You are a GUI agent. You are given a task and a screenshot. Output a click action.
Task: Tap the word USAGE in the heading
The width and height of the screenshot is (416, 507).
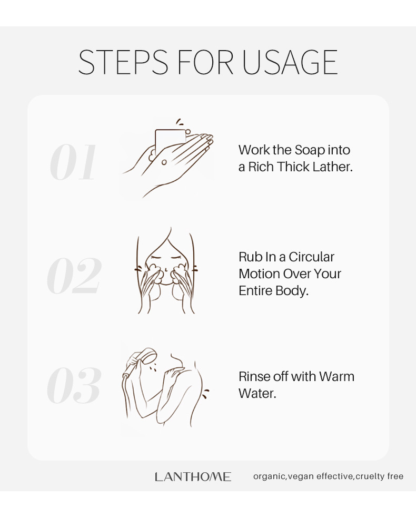pyautogui.click(x=290, y=62)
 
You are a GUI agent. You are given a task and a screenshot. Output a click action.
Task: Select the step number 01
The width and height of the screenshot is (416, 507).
pyautogui.click(x=74, y=162)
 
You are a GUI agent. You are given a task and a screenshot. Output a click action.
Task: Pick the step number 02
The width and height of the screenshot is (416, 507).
pyautogui.click(x=74, y=276)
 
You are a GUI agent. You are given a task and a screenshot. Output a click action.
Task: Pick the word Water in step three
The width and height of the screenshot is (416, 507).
pyautogui.click(x=257, y=394)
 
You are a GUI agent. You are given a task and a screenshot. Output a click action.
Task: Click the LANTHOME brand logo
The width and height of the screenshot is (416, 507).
pyautogui.click(x=193, y=476)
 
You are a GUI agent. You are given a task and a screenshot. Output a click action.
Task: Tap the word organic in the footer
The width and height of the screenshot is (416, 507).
pyautogui.click(x=269, y=476)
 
